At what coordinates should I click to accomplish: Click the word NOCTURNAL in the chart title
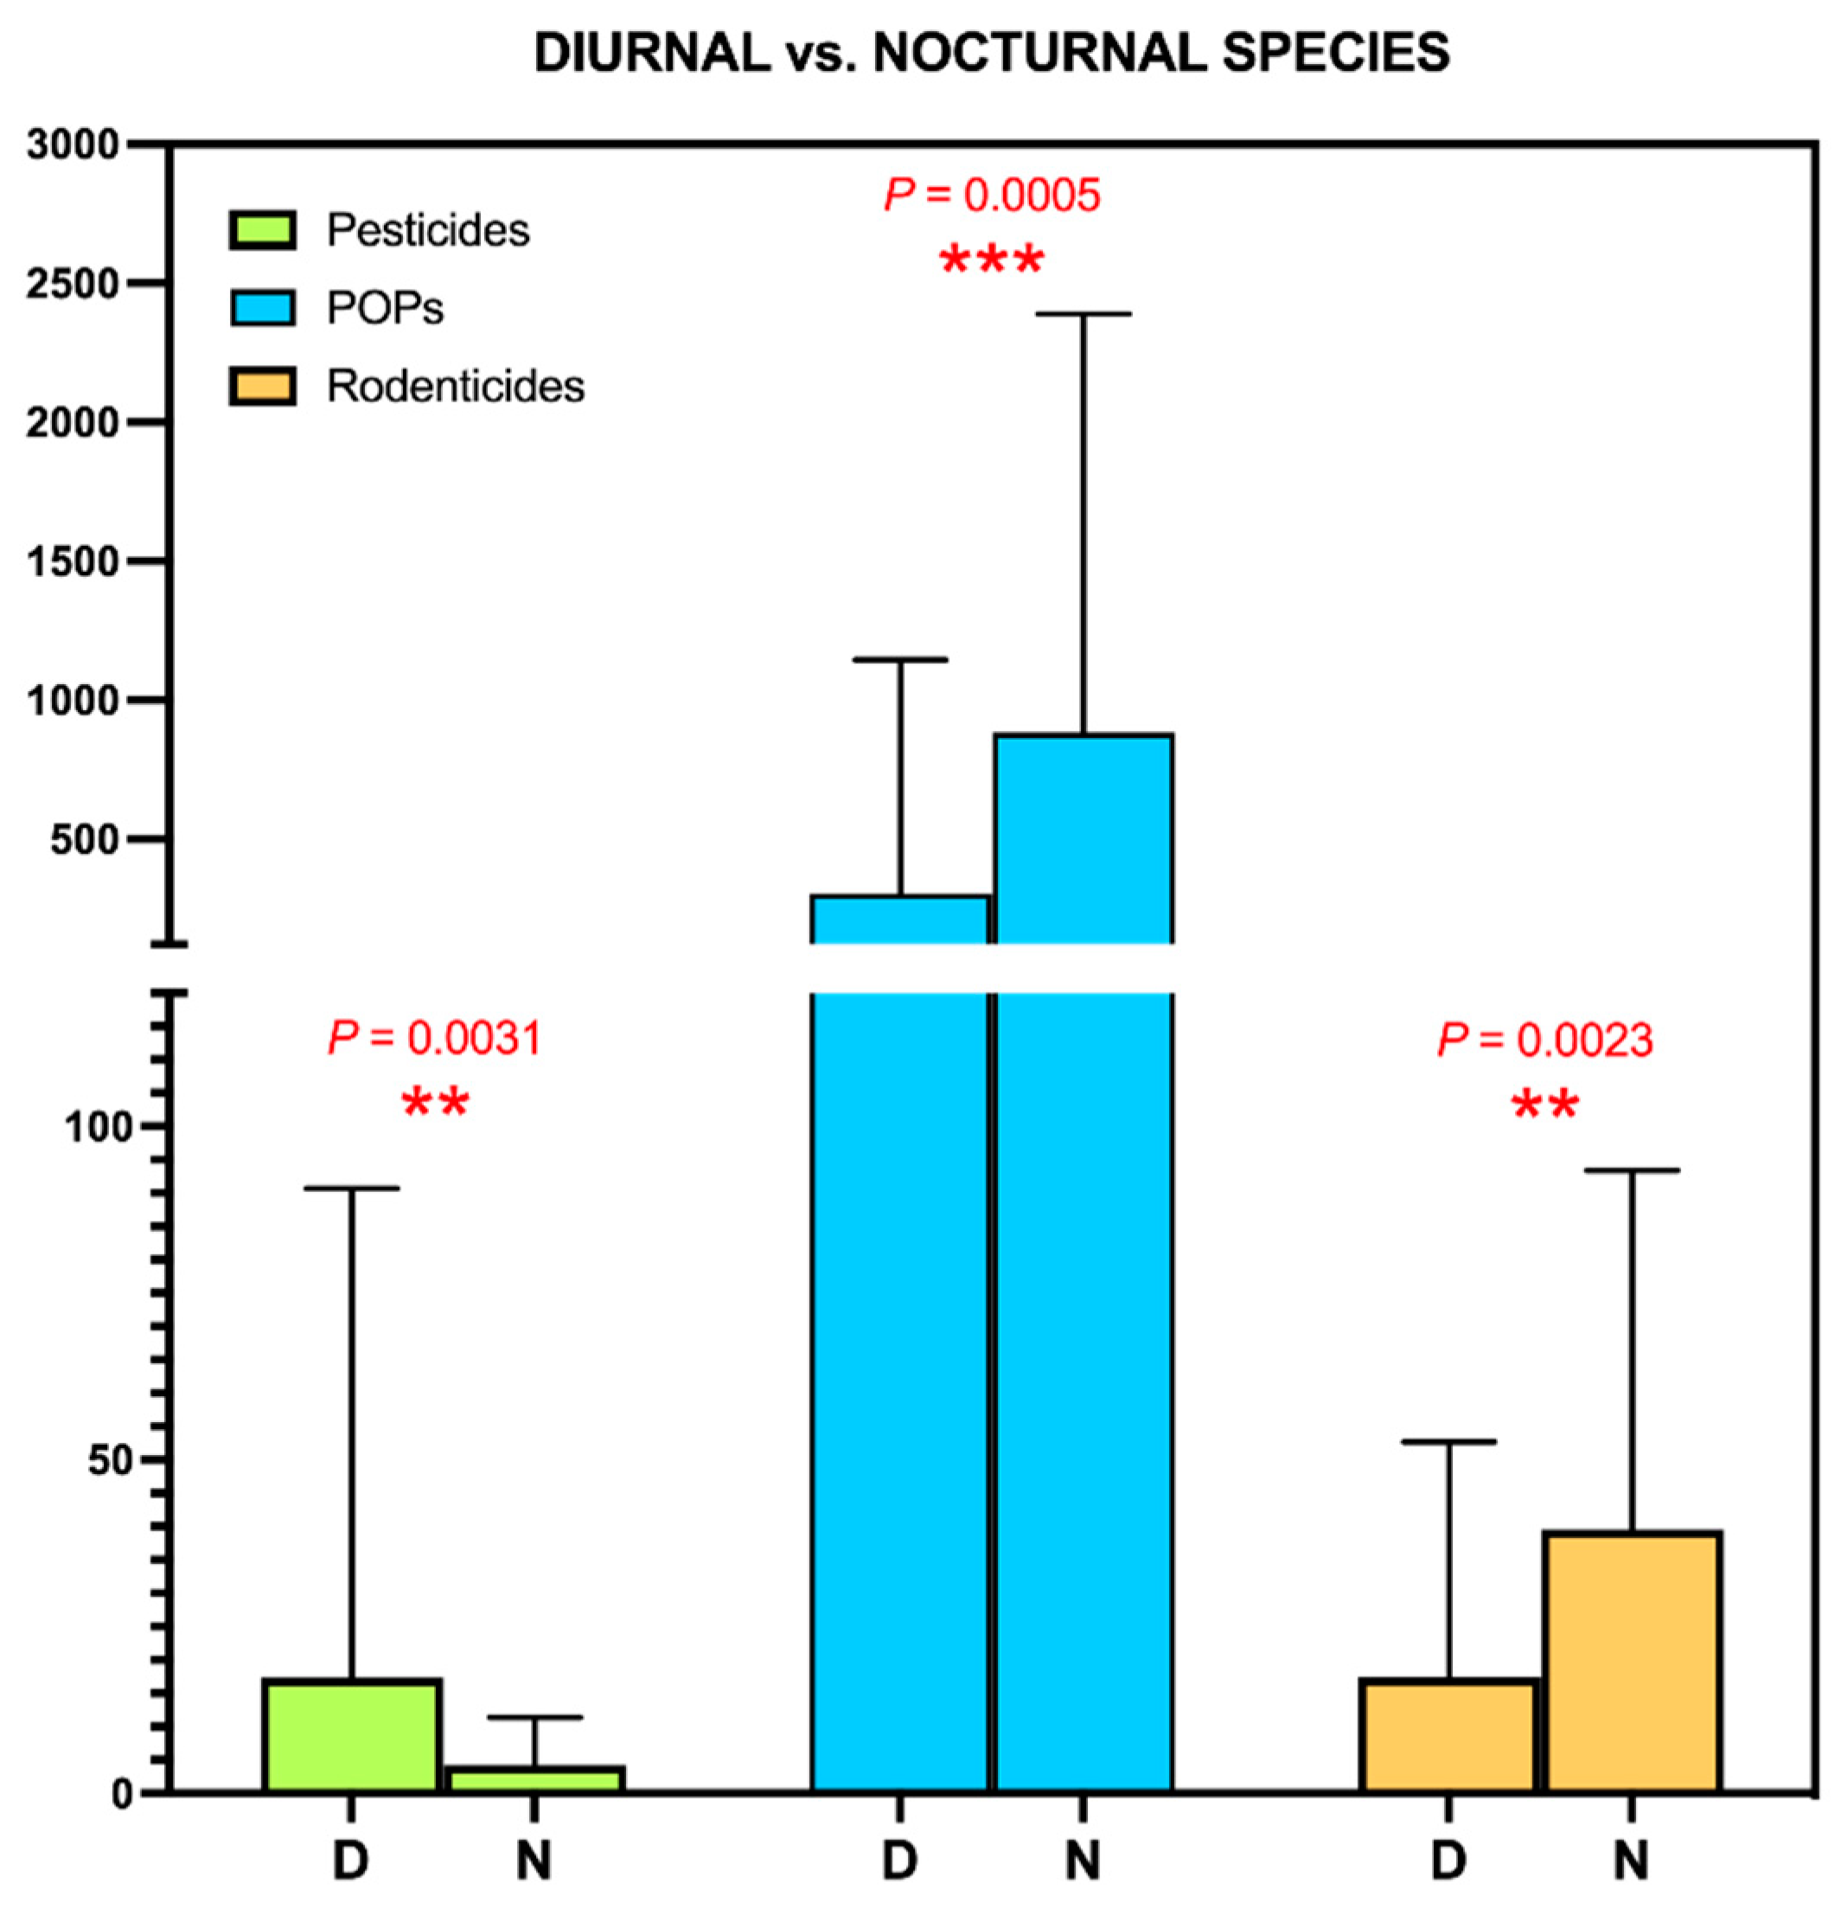coord(1039,53)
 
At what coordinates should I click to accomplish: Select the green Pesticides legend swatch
coord(262,230)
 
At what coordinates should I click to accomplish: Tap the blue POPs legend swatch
coord(262,308)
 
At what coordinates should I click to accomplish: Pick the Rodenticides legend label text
coord(455,387)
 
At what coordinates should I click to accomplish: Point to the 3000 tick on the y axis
coord(72,145)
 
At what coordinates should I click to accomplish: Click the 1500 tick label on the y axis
coord(72,561)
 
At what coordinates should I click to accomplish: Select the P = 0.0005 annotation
coord(992,195)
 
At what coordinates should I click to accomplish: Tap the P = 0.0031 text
coord(434,1039)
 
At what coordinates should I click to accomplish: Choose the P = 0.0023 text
coord(1545,1041)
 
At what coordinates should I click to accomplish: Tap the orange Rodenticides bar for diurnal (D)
coord(1448,1735)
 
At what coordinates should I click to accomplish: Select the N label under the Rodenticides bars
coord(1632,1862)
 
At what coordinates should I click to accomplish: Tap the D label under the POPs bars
coord(899,1862)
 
